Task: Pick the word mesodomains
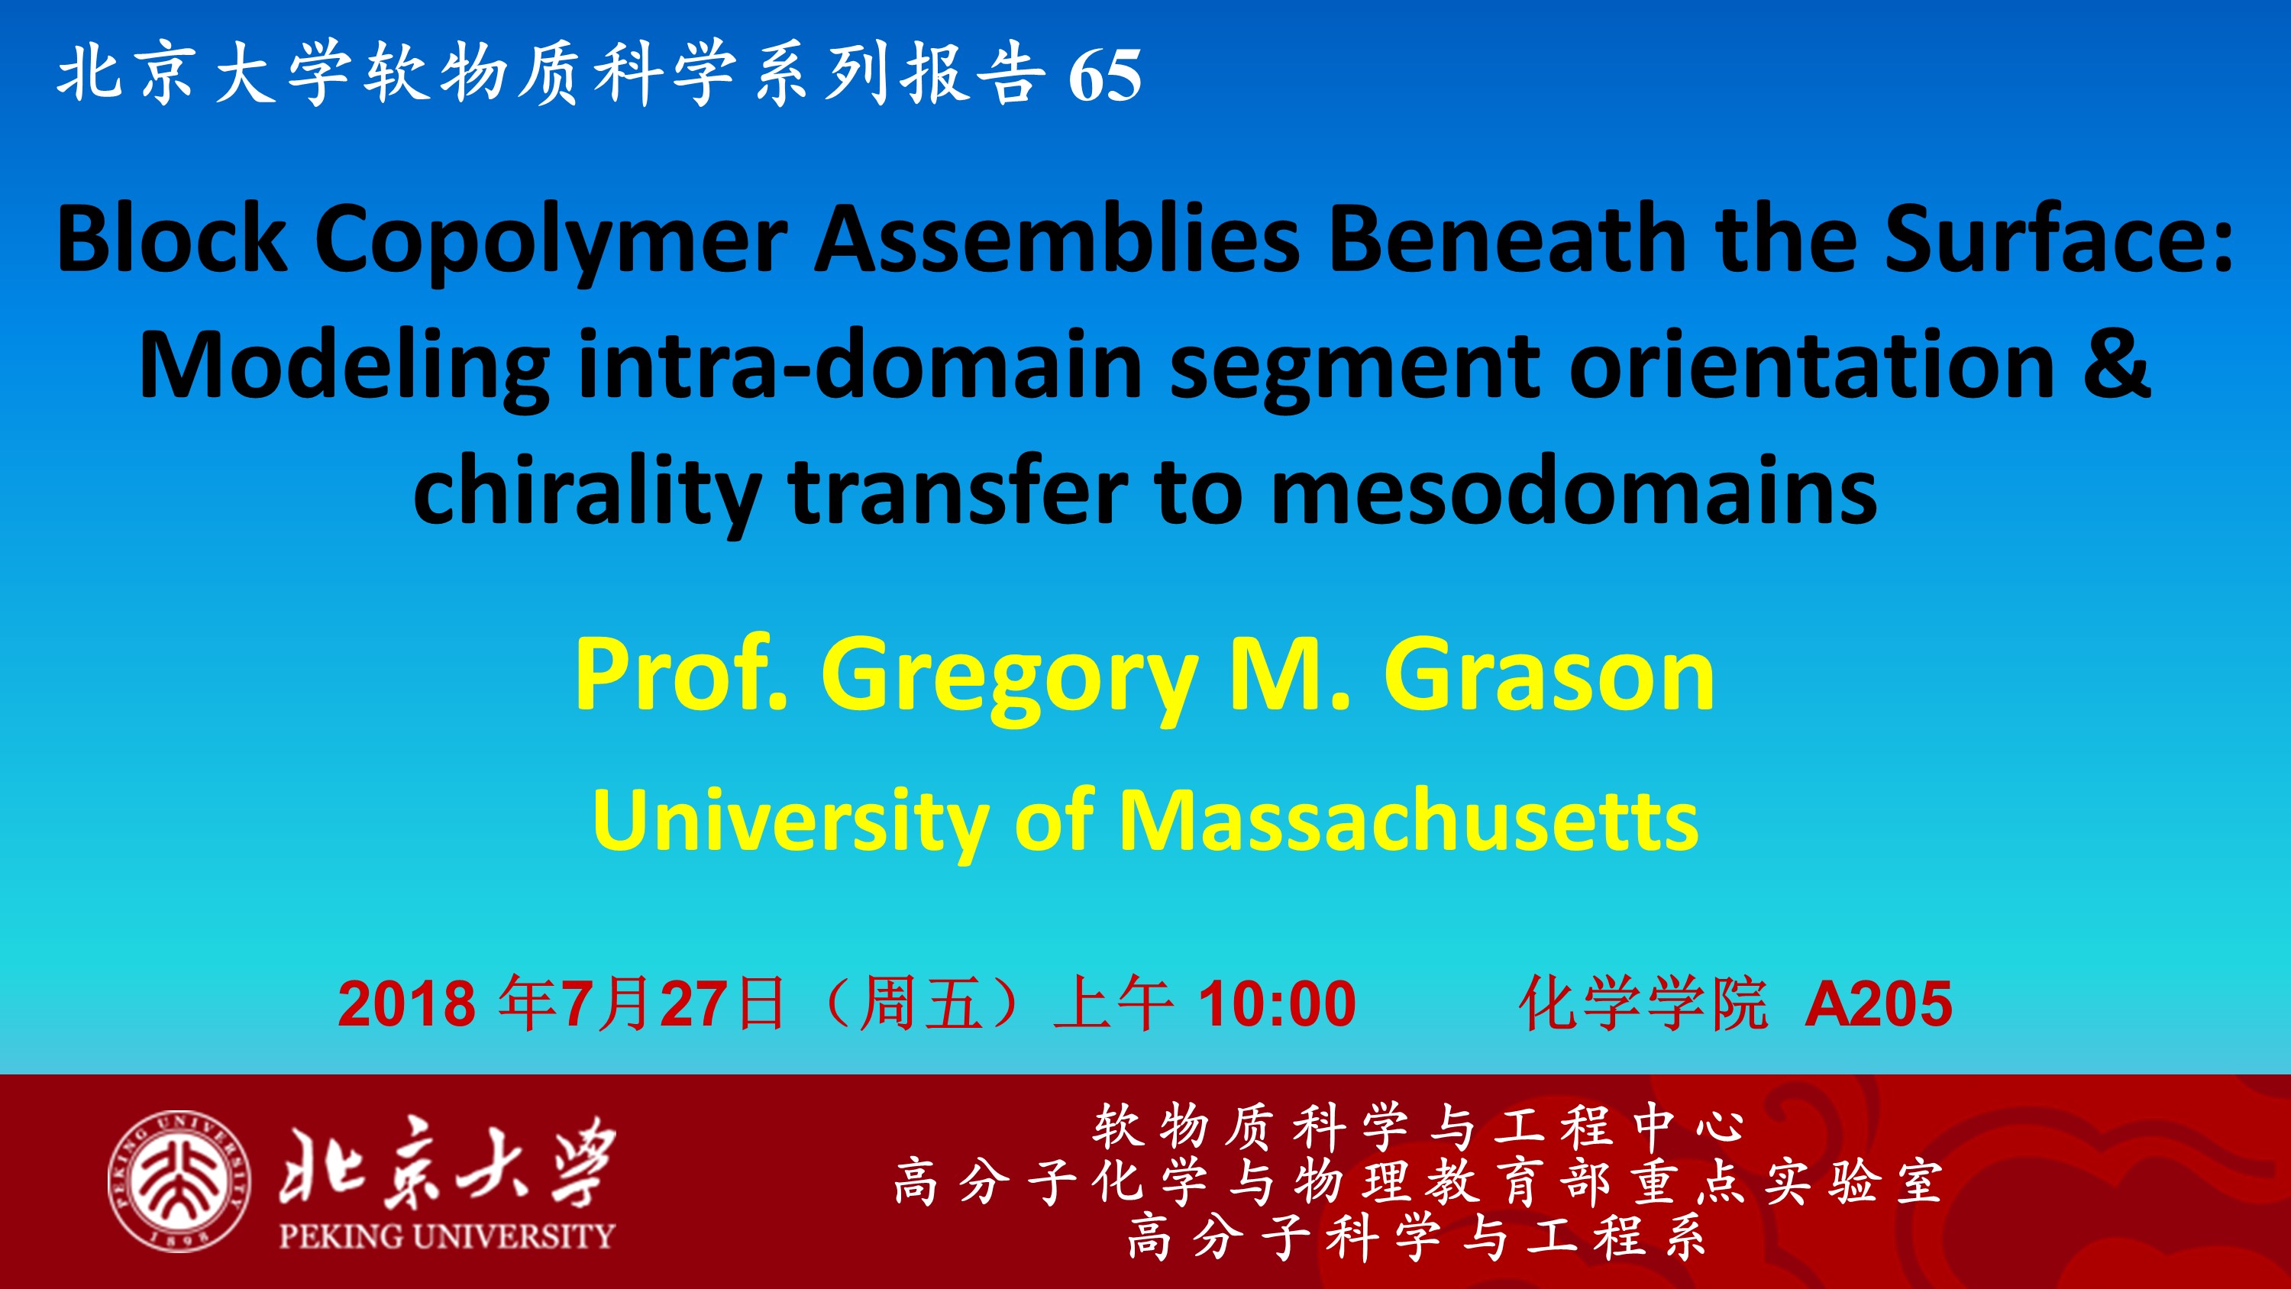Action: click(x=1573, y=491)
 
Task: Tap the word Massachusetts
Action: click(x=1409, y=820)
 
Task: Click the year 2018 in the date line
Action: click(x=406, y=1004)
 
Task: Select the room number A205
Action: click(x=1879, y=1004)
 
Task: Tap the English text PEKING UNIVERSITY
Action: click(x=447, y=1236)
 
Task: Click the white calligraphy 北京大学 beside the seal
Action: click(x=447, y=1161)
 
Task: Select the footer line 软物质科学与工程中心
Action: click(x=1419, y=1126)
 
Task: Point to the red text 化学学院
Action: click(x=1643, y=1004)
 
